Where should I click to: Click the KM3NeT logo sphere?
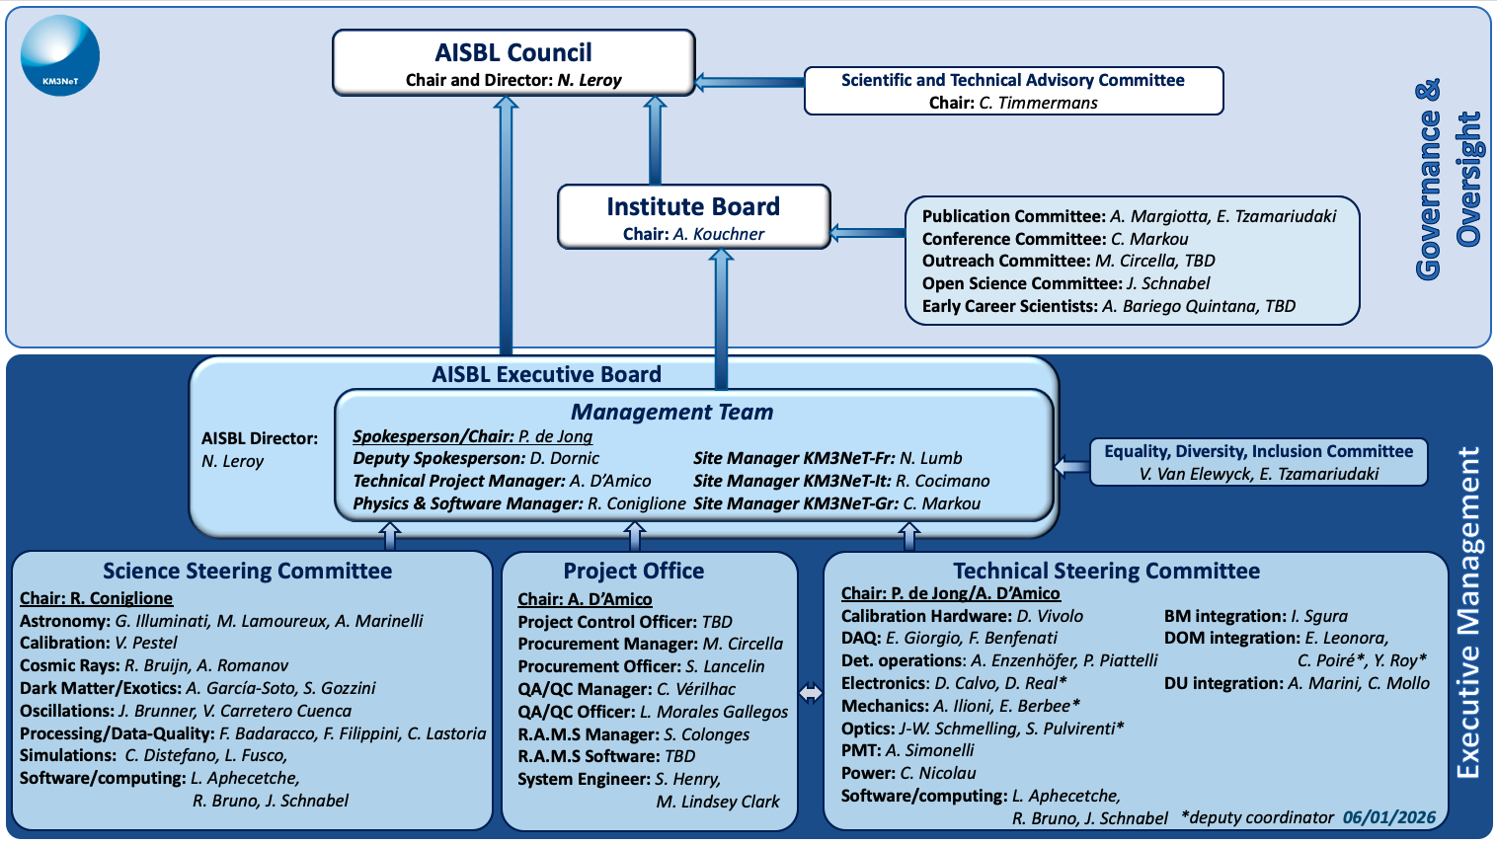point(60,56)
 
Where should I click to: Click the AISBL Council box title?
point(513,53)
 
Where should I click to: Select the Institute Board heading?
point(693,207)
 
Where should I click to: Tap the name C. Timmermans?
point(1038,103)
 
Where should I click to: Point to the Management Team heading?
point(671,413)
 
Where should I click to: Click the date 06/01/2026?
point(1388,817)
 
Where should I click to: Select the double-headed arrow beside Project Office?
point(811,694)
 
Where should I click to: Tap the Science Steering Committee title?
point(247,572)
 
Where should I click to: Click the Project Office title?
point(633,572)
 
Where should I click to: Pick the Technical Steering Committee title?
point(1106,572)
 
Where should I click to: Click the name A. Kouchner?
point(719,234)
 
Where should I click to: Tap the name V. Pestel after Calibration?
point(146,644)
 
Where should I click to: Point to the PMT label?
point(860,751)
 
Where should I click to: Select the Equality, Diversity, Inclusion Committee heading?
point(1258,452)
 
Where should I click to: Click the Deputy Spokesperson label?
point(438,459)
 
